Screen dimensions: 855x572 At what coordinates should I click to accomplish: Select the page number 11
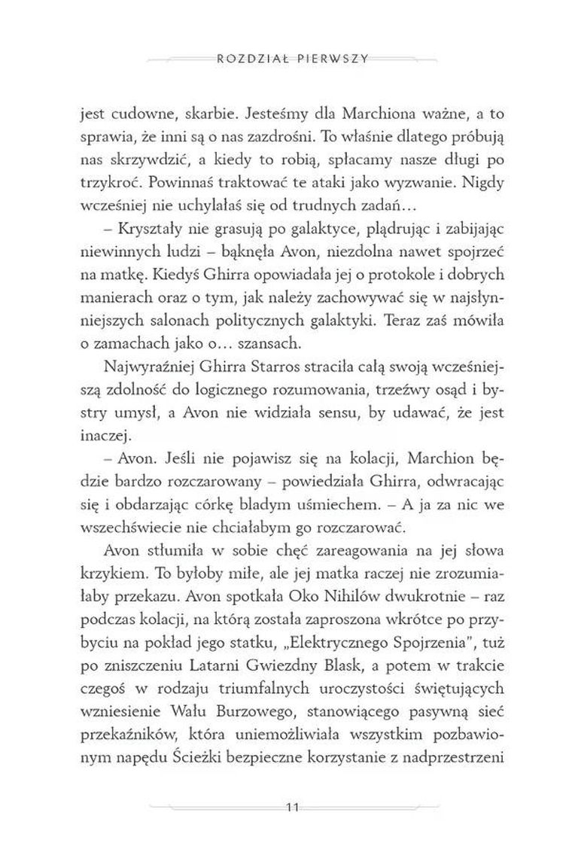tap(286, 808)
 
